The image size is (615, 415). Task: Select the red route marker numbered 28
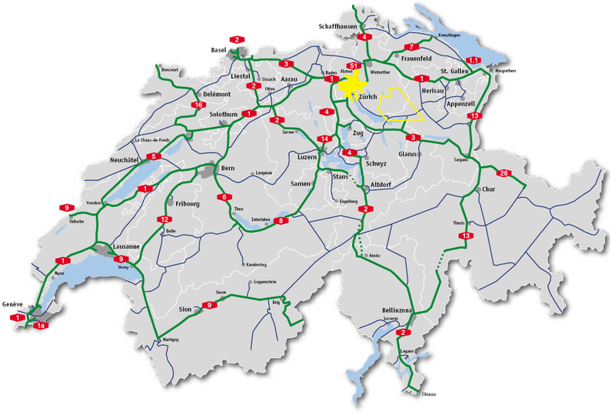pyautogui.click(x=504, y=173)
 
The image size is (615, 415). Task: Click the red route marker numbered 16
pyautogui.click(x=198, y=105)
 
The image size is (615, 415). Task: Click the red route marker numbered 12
pyautogui.click(x=163, y=219)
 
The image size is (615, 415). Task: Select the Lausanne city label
pyautogui.click(x=125, y=246)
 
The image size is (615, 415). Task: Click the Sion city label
pyautogui.click(x=184, y=309)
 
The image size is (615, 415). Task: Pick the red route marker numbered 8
pyautogui.click(x=281, y=221)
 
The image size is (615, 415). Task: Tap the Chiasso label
pyautogui.click(x=428, y=394)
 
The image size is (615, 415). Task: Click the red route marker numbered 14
pyautogui.click(x=325, y=139)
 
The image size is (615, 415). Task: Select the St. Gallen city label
pyautogui.click(x=454, y=72)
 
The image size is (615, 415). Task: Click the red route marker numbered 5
pyautogui.click(x=154, y=157)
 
